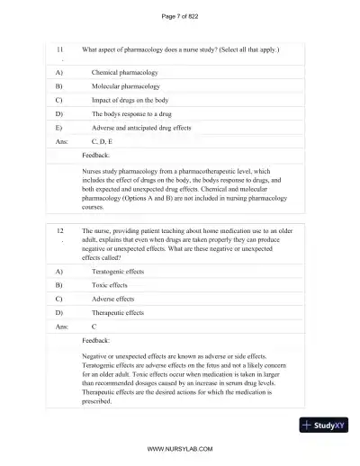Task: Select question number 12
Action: coord(60,231)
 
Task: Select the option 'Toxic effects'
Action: coord(112,283)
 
